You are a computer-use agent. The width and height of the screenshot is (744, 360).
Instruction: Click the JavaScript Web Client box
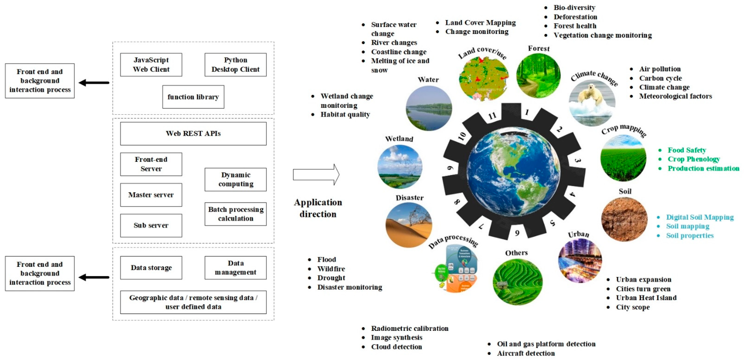(151, 65)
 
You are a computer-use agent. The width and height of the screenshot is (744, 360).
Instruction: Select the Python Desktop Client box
(235, 65)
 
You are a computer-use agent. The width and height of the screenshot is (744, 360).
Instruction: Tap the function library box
(193, 97)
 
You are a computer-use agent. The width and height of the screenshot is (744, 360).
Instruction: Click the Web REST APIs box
(193, 134)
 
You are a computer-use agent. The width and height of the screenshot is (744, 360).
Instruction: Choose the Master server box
(151, 195)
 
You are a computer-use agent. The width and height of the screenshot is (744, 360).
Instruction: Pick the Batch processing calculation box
(235, 214)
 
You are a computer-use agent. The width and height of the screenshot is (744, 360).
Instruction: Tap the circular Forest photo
(538, 76)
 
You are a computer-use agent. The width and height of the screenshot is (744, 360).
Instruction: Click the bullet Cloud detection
(396, 347)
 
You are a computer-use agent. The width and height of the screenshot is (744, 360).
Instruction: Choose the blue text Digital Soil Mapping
(700, 217)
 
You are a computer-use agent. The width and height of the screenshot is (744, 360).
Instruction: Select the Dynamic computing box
(235, 180)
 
